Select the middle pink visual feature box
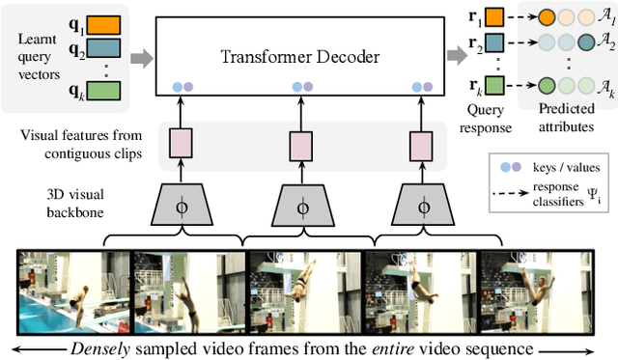301,144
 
